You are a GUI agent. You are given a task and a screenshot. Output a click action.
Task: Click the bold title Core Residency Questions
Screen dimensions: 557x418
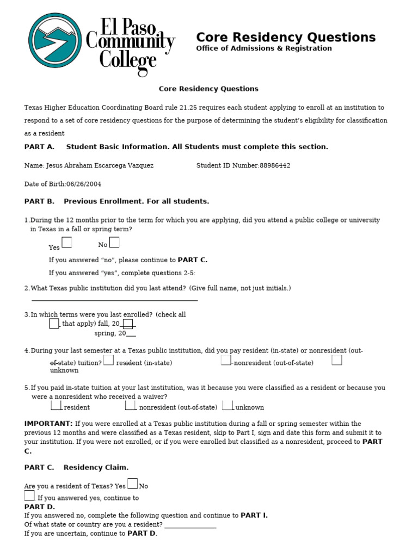point(285,37)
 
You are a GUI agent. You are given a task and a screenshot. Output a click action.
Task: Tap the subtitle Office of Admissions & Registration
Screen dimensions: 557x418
point(263,48)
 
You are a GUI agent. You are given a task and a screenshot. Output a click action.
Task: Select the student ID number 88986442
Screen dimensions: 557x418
point(275,165)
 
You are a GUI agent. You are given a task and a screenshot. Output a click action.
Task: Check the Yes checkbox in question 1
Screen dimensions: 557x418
point(66,242)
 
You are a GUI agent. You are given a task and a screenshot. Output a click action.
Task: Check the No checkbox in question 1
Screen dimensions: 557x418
point(114,242)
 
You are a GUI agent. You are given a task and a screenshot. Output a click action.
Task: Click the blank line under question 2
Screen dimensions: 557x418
point(114,299)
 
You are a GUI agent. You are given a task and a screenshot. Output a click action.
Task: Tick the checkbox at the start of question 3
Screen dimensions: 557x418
point(54,323)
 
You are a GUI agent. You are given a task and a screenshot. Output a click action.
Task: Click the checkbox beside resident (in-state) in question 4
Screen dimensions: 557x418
point(108,360)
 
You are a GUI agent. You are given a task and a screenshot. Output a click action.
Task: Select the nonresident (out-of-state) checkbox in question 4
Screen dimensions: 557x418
point(226,360)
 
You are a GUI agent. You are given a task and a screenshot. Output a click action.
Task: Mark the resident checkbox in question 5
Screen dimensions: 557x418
point(56,405)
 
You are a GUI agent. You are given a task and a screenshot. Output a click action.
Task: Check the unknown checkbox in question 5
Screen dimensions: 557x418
point(228,405)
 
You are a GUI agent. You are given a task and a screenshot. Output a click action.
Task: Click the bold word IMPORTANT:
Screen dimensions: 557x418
point(48,423)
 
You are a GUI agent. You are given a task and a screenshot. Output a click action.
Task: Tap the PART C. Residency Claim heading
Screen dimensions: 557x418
point(76,467)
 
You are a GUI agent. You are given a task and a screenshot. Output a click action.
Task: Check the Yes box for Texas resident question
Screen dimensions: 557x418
point(132,483)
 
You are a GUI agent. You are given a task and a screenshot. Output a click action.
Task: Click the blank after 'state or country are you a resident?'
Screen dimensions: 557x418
point(190,525)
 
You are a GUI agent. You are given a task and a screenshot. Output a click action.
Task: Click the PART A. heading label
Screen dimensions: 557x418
point(39,147)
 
